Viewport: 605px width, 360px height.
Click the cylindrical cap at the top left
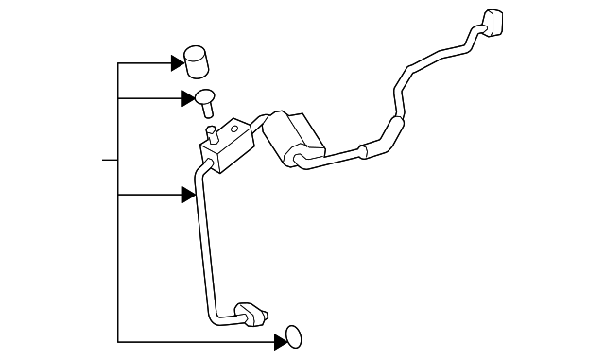tap(196, 61)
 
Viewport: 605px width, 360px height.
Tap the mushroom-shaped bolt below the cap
tap(204, 96)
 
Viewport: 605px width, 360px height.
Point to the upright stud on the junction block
tap(209, 131)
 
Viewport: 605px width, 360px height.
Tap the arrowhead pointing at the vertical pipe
tap(188, 195)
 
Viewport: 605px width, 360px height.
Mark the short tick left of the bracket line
tap(109, 160)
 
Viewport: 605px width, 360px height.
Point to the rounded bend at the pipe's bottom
tap(213, 315)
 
